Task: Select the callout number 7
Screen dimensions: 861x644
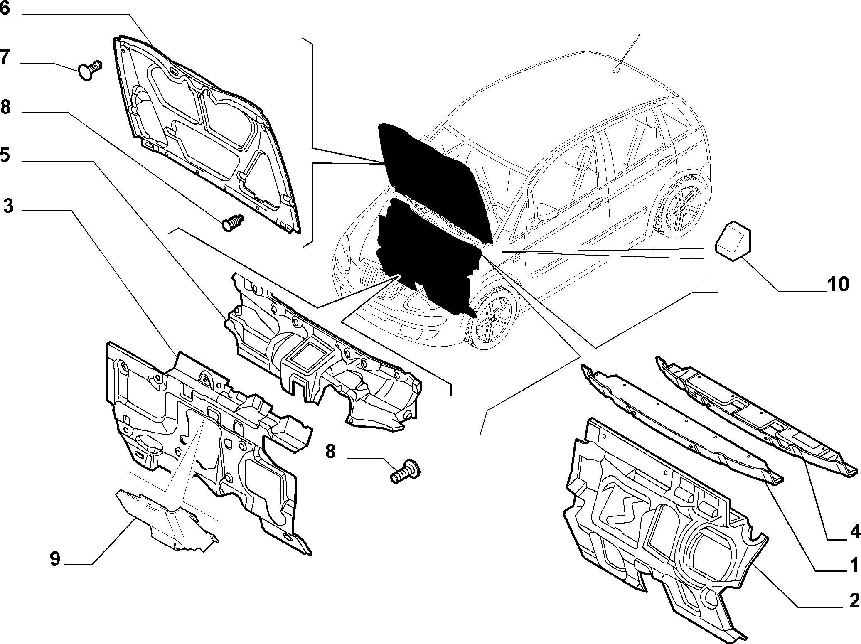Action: point(5,57)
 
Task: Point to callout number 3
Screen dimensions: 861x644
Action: point(8,205)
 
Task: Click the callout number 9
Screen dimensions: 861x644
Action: point(55,559)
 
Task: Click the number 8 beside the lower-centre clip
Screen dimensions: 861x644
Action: point(330,451)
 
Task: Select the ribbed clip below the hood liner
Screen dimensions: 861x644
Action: point(233,223)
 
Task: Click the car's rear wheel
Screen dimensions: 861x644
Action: point(680,210)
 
